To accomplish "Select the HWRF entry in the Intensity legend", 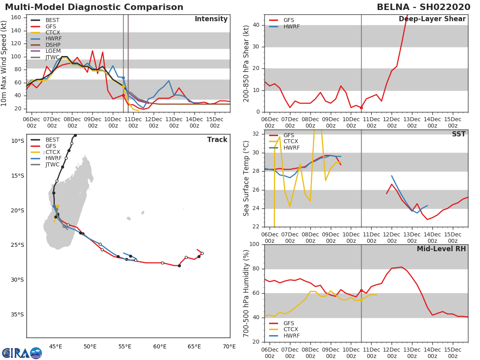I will coord(54,39).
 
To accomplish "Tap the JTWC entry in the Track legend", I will coord(52,164).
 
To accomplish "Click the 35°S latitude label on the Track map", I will coord(17,314).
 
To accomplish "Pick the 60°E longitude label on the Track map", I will coord(160,346).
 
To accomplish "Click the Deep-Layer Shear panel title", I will coord(432,19).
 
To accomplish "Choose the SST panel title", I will coord(458,134).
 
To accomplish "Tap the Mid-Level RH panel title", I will coord(441,249).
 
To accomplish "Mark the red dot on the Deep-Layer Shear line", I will coord(361,108).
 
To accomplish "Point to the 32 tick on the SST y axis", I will coord(256,134).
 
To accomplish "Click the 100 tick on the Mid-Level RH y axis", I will coord(254,244).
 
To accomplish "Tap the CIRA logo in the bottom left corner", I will coord(22,353).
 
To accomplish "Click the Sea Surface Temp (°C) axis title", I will coord(246,178).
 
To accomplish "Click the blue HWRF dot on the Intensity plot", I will coord(123,78).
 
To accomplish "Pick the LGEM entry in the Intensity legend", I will coord(54,51).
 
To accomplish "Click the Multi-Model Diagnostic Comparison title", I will coord(94,7).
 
